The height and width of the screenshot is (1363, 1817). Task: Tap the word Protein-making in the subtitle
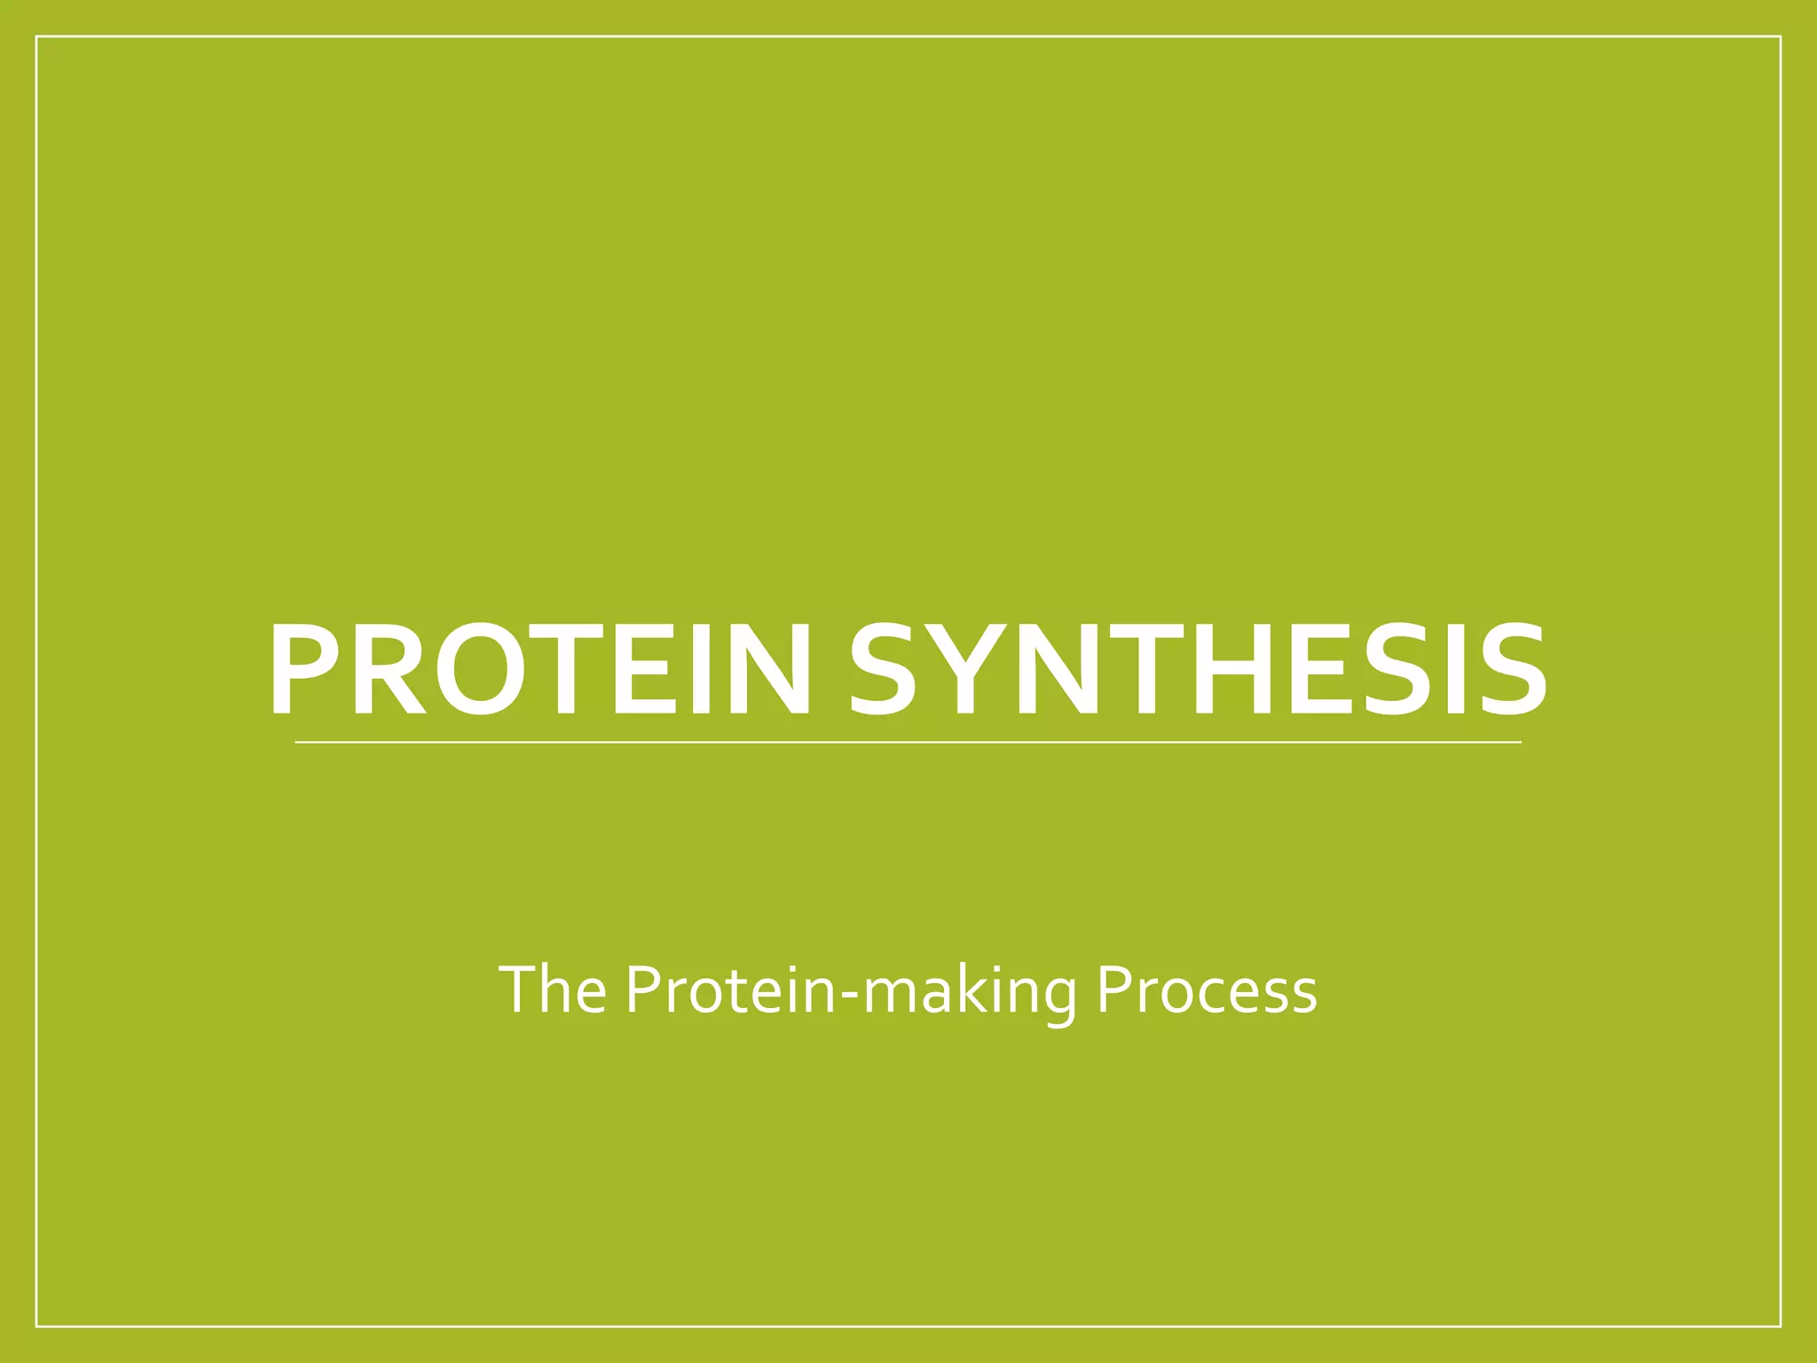pos(850,991)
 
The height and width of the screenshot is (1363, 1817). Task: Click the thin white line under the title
pos(908,742)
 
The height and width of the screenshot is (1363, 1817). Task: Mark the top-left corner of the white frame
pos(36,36)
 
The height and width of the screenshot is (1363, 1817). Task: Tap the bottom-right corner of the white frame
pos(1781,1327)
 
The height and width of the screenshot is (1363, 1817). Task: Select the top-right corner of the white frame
pos(1781,36)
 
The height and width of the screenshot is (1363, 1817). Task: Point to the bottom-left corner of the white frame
pos(36,1327)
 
